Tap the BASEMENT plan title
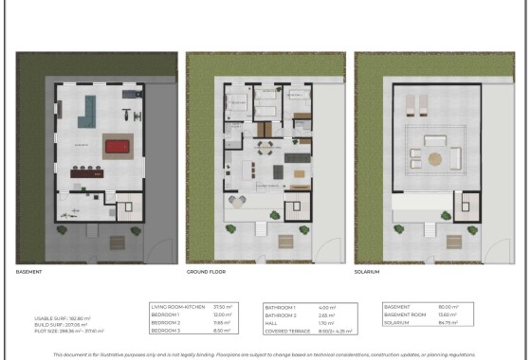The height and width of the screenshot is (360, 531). [x=29, y=272]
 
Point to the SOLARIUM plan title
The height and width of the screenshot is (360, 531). [x=367, y=272]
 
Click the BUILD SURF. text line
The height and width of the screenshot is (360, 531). [x=61, y=323]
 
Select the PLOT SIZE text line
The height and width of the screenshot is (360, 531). [x=68, y=331]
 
